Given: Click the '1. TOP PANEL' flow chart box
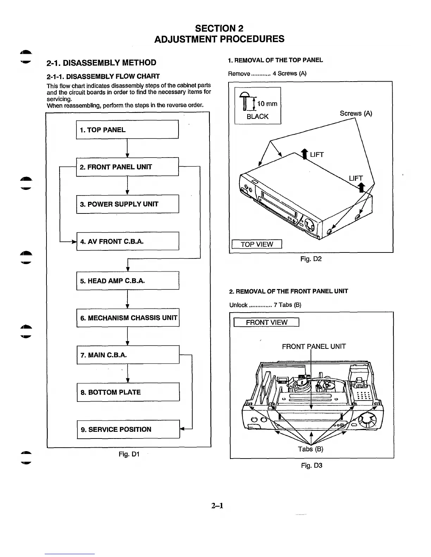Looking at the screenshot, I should tap(127, 130).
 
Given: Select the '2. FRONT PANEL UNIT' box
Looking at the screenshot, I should tap(127, 167).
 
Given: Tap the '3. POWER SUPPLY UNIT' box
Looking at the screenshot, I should tap(127, 204).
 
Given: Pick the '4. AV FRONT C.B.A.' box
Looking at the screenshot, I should tap(127, 241).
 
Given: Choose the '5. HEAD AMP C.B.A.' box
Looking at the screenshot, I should tap(127, 281).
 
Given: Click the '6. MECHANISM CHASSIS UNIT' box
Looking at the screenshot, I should tap(128, 318).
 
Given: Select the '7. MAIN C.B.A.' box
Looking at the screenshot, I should tap(128, 355).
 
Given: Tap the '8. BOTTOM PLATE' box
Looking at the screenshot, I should tap(128, 392).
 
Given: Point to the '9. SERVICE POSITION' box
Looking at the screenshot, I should tap(128, 429).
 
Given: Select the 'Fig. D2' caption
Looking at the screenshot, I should tap(311, 259).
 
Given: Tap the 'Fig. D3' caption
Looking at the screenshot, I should tap(312, 466).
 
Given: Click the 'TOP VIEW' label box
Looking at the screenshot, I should tap(257, 244).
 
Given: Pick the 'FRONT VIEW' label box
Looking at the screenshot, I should tap(267, 322).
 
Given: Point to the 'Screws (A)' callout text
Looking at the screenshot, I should tap(356, 113).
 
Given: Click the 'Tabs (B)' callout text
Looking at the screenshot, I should tap(310, 449).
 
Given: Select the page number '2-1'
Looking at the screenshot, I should tap(217, 506).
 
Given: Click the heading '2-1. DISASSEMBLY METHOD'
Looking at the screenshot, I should tap(101, 63).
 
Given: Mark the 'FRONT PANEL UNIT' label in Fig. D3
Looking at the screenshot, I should tap(314, 346).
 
